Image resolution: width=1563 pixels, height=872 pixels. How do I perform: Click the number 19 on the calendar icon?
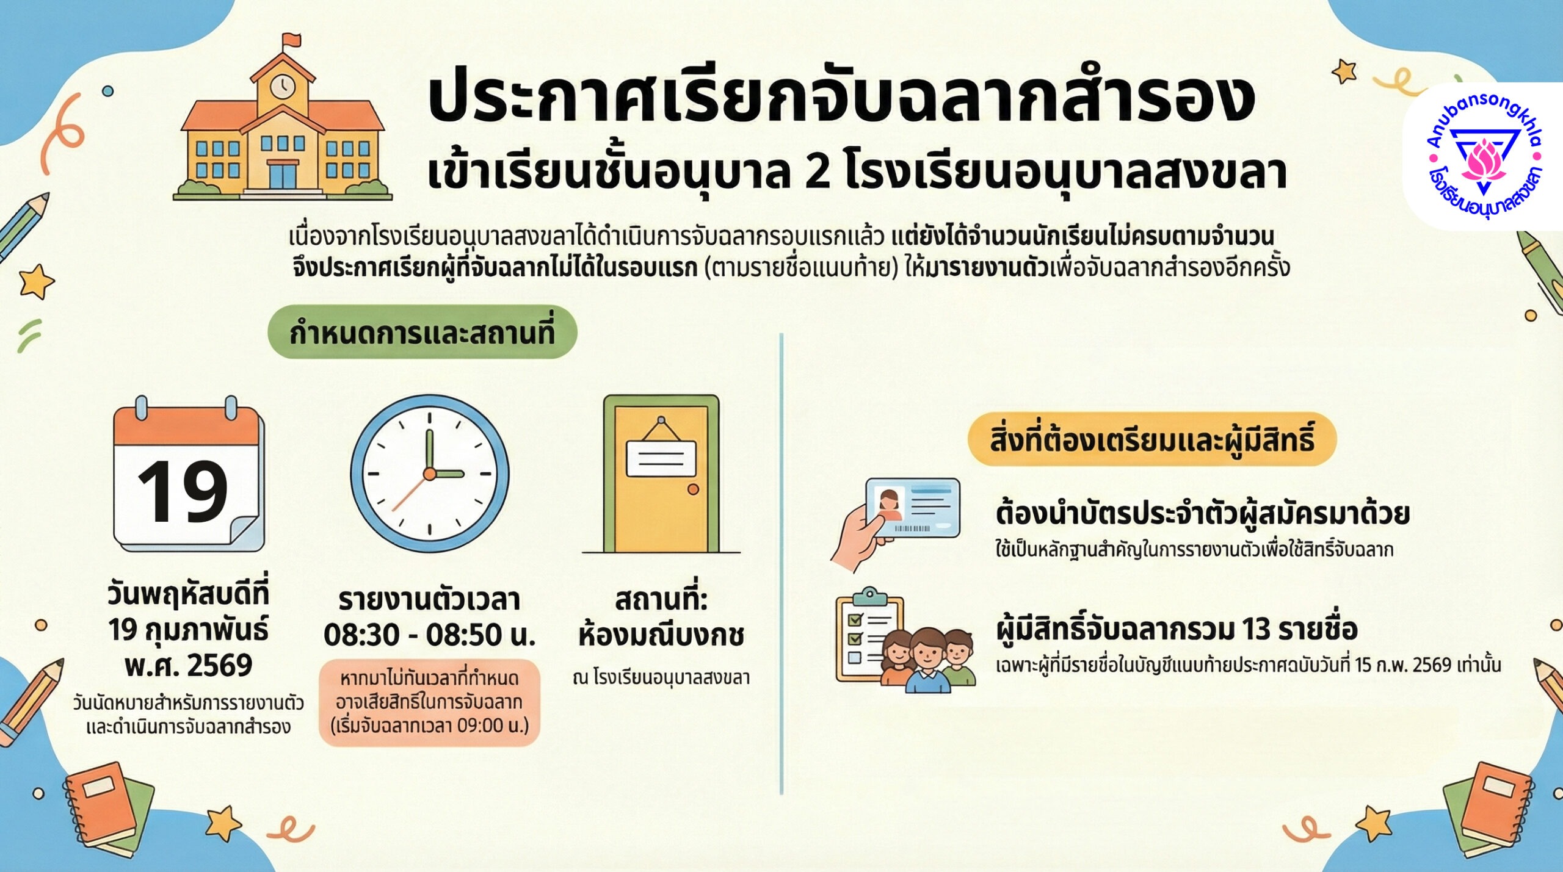point(183,491)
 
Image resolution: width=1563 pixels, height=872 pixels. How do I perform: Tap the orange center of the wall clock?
point(430,474)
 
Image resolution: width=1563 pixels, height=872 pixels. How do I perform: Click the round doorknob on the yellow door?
point(693,489)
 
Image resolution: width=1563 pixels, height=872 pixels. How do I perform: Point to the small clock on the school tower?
point(283,86)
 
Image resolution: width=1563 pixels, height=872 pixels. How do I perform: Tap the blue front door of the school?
point(283,176)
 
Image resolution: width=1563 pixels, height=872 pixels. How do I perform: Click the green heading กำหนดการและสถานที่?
point(422,333)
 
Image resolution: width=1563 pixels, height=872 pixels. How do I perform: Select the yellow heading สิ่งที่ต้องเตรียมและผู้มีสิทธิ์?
point(1152,439)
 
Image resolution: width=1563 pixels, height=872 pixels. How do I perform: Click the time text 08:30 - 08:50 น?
point(430,635)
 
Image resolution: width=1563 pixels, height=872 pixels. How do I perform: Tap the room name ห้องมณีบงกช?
point(661,635)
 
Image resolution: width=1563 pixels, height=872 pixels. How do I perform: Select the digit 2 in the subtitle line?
point(818,172)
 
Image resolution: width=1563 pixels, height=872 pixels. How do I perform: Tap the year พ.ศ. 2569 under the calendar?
point(189,665)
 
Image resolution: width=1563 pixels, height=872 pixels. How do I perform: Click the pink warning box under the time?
point(430,702)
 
